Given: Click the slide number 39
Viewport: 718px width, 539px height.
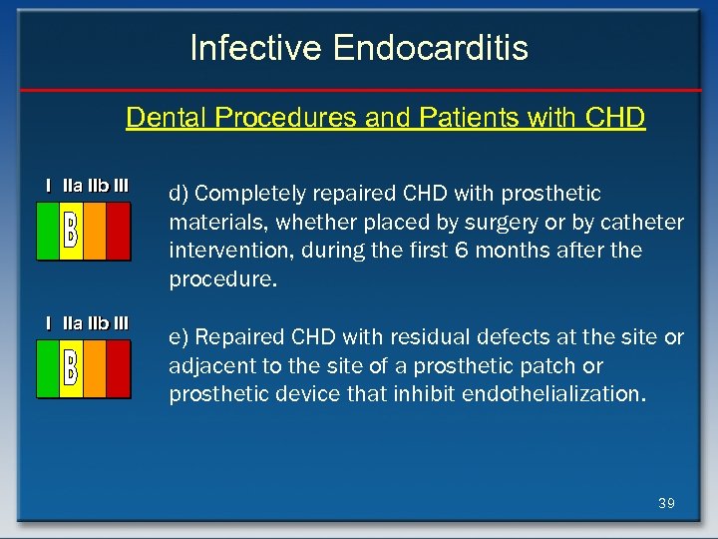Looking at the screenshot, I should [666, 503].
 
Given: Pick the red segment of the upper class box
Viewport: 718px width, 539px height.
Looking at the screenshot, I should [118, 231].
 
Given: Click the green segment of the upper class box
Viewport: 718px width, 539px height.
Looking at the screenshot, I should [48, 231].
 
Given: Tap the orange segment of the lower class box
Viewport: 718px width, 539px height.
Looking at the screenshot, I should [94, 368].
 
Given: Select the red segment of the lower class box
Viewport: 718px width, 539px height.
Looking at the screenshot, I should [118, 368].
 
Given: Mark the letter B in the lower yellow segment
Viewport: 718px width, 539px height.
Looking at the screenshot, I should [71, 365].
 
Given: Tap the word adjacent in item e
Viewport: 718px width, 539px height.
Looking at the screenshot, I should [207, 365].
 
